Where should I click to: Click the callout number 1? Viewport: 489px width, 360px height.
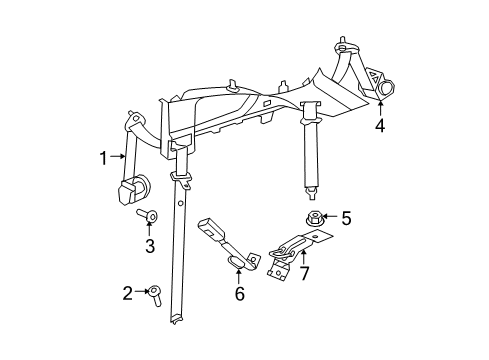pos(102,156)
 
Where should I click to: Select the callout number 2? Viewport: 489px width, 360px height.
pos(128,293)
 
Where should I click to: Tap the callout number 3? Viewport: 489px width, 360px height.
pos(149,246)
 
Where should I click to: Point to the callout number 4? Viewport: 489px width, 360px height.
pos(380,126)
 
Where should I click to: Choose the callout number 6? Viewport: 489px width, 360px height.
pos(240,294)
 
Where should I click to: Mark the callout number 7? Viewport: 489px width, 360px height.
pos(304,273)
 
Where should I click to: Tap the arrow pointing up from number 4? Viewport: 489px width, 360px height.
pos(380,109)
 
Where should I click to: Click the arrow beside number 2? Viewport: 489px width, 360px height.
pos(140,293)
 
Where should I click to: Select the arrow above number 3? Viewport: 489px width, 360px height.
pos(149,231)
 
